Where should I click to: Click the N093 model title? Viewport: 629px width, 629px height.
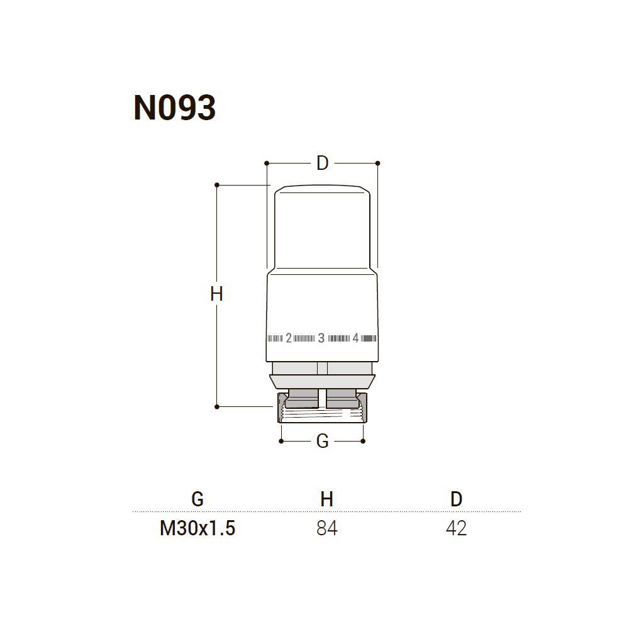click(174, 108)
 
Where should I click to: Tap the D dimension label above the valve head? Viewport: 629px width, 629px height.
click(322, 164)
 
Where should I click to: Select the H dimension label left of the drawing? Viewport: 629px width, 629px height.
click(216, 294)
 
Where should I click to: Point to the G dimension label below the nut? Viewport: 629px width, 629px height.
click(322, 442)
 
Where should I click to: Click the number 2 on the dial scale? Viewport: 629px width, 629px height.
click(289, 338)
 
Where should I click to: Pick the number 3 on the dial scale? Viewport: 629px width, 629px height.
click(321, 338)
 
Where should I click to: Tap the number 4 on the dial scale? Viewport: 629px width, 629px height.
click(355, 338)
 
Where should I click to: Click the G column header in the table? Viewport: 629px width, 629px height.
click(198, 499)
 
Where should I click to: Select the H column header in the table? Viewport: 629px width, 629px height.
click(327, 499)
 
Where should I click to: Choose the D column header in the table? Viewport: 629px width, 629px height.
click(457, 499)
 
